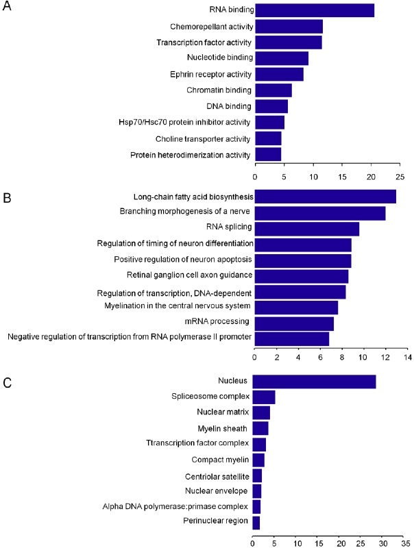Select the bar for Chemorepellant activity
tap(289, 27)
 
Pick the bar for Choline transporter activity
tap(268, 138)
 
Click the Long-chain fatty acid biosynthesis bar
tap(325, 197)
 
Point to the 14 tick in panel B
tap(406, 357)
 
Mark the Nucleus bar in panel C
tap(314, 382)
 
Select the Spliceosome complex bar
tap(264, 397)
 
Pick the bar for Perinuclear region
tap(256, 523)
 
